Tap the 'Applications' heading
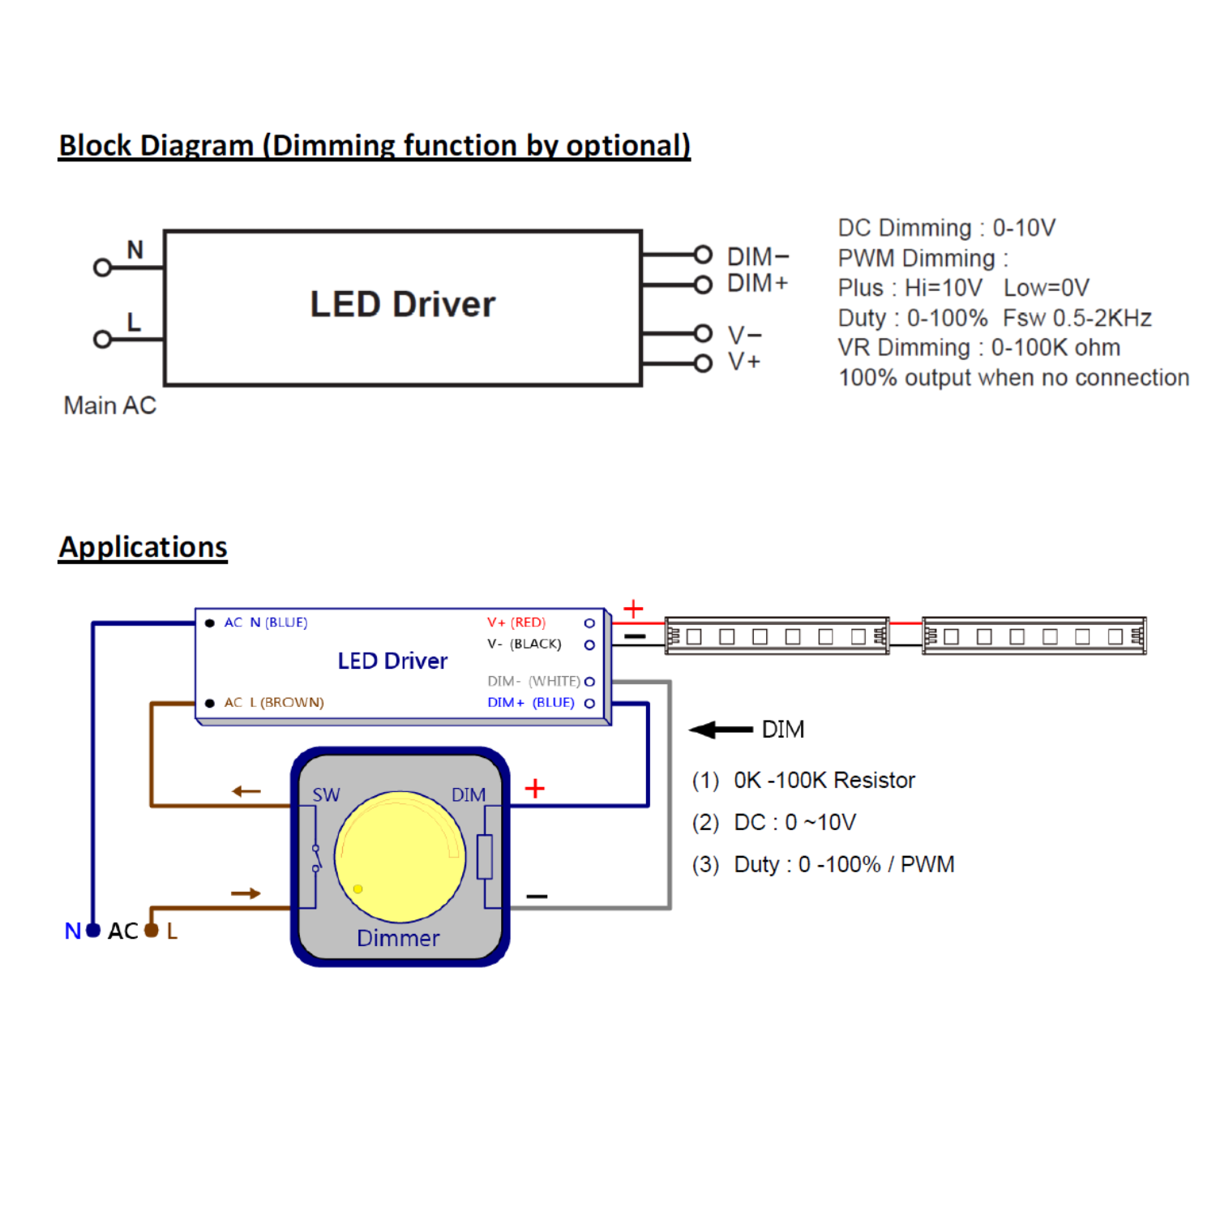[x=143, y=547]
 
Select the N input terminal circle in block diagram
[x=102, y=268]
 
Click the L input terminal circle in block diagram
[x=102, y=339]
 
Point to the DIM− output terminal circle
[x=703, y=255]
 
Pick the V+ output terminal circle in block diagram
[x=703, y=363]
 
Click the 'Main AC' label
[x=109, y=405]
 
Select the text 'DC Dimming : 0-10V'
[x=946, y=228]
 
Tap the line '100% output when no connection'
[x=1013, y=378]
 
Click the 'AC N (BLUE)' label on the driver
[x=265, y=623]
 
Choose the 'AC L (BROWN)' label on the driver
[x=273, y=703]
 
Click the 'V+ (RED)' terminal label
[x=516, y=623]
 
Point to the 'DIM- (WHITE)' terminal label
[x=533, y=682]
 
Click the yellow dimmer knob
[x=400, y=857]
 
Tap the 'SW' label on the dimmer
[x=326, y=795]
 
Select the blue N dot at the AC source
[x=93, y=931]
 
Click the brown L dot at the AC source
[x=151, y=931]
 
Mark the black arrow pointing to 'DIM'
[x=720, y=730]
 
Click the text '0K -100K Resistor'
[x=824, y=781]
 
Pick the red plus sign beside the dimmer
[x=534, y=789]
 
